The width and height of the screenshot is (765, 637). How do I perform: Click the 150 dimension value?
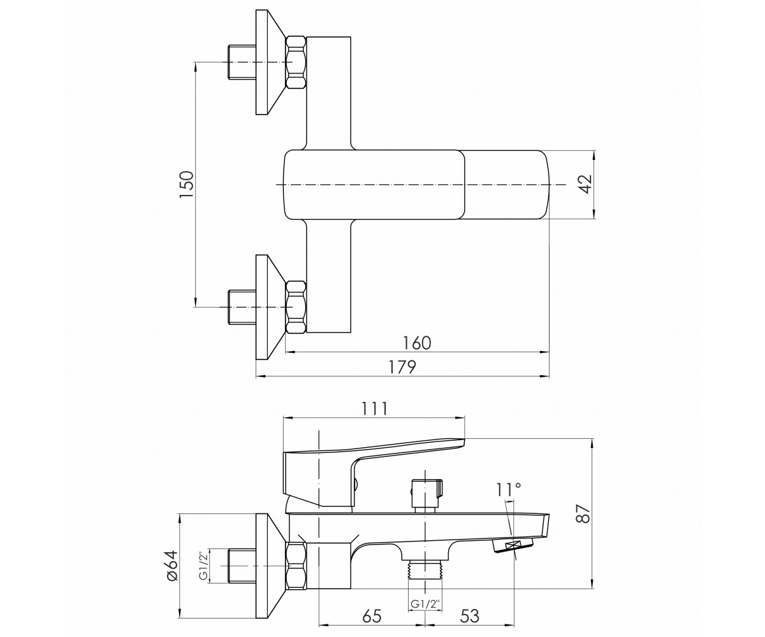click(187, 185)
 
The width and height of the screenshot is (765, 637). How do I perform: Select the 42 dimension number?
click(586, 184)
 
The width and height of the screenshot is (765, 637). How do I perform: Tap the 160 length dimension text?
click(417, 343)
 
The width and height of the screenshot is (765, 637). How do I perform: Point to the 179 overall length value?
click(402, 367)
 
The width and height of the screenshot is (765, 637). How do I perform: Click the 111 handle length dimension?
click(374, 408)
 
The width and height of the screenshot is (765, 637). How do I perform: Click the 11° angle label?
click(509, 489)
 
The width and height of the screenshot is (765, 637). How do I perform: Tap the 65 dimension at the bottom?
click(372, 617)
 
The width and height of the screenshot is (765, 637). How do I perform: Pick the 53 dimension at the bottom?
click(469, 617)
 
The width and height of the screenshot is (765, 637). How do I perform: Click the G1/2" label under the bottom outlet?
click(425, 604)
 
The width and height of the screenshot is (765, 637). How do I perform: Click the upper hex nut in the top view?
click(296, 62)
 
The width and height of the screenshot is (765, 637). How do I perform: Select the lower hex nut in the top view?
click(296, 307)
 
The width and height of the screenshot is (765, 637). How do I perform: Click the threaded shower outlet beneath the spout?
click(425, 577)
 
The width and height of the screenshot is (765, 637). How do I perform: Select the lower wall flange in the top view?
click(271, 307)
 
